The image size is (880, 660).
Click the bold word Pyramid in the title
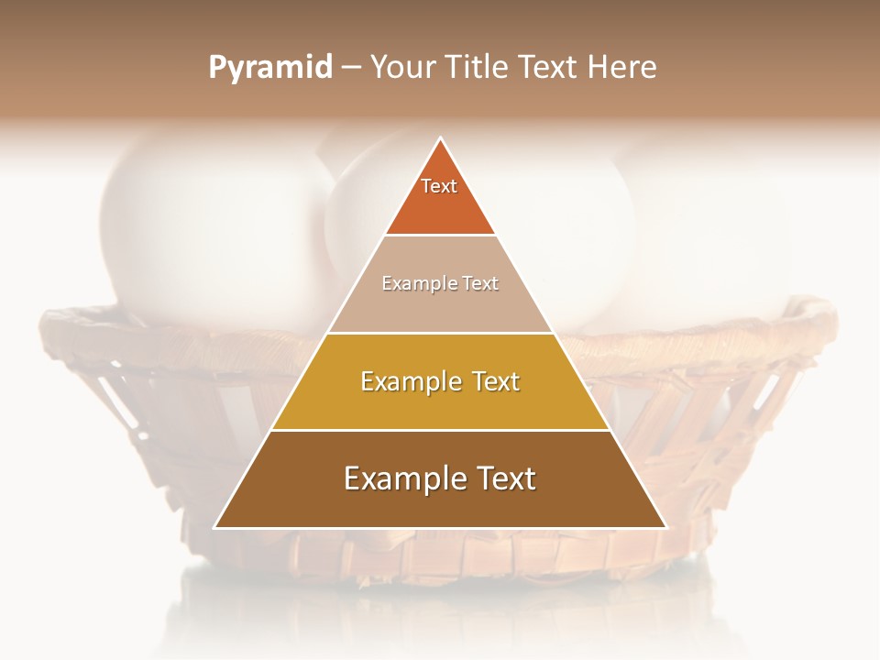pos(270,68)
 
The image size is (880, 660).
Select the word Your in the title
pos(400,67)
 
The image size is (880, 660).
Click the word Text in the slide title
pos(547,67)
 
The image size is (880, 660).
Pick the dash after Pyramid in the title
pos(351,68)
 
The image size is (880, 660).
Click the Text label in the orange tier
pos(439,186)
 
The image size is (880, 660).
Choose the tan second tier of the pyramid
pos(440,307)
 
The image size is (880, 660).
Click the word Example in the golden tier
pos(405,381)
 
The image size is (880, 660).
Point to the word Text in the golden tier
pos(492,381)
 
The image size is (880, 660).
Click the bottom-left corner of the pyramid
pos(215,527)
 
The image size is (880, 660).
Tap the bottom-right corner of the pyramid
pos(665,527)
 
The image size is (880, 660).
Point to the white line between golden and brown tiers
pos(440,430)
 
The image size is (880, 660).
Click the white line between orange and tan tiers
pos(440,235)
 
